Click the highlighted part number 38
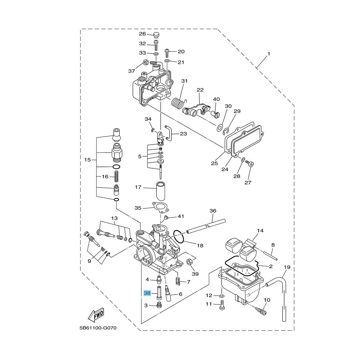(x=147, y=293)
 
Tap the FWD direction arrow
(x=96, y=315)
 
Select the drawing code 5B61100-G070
(x=98, y=328)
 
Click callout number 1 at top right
(x=269, y=53)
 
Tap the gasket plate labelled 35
(x=161, y=208)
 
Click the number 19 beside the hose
(x=287, y=267)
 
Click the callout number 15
(x=87, y=160)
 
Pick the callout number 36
(x=213, y=211)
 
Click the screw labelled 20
(x=167, y=52)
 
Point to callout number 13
(x=114, y=218)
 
